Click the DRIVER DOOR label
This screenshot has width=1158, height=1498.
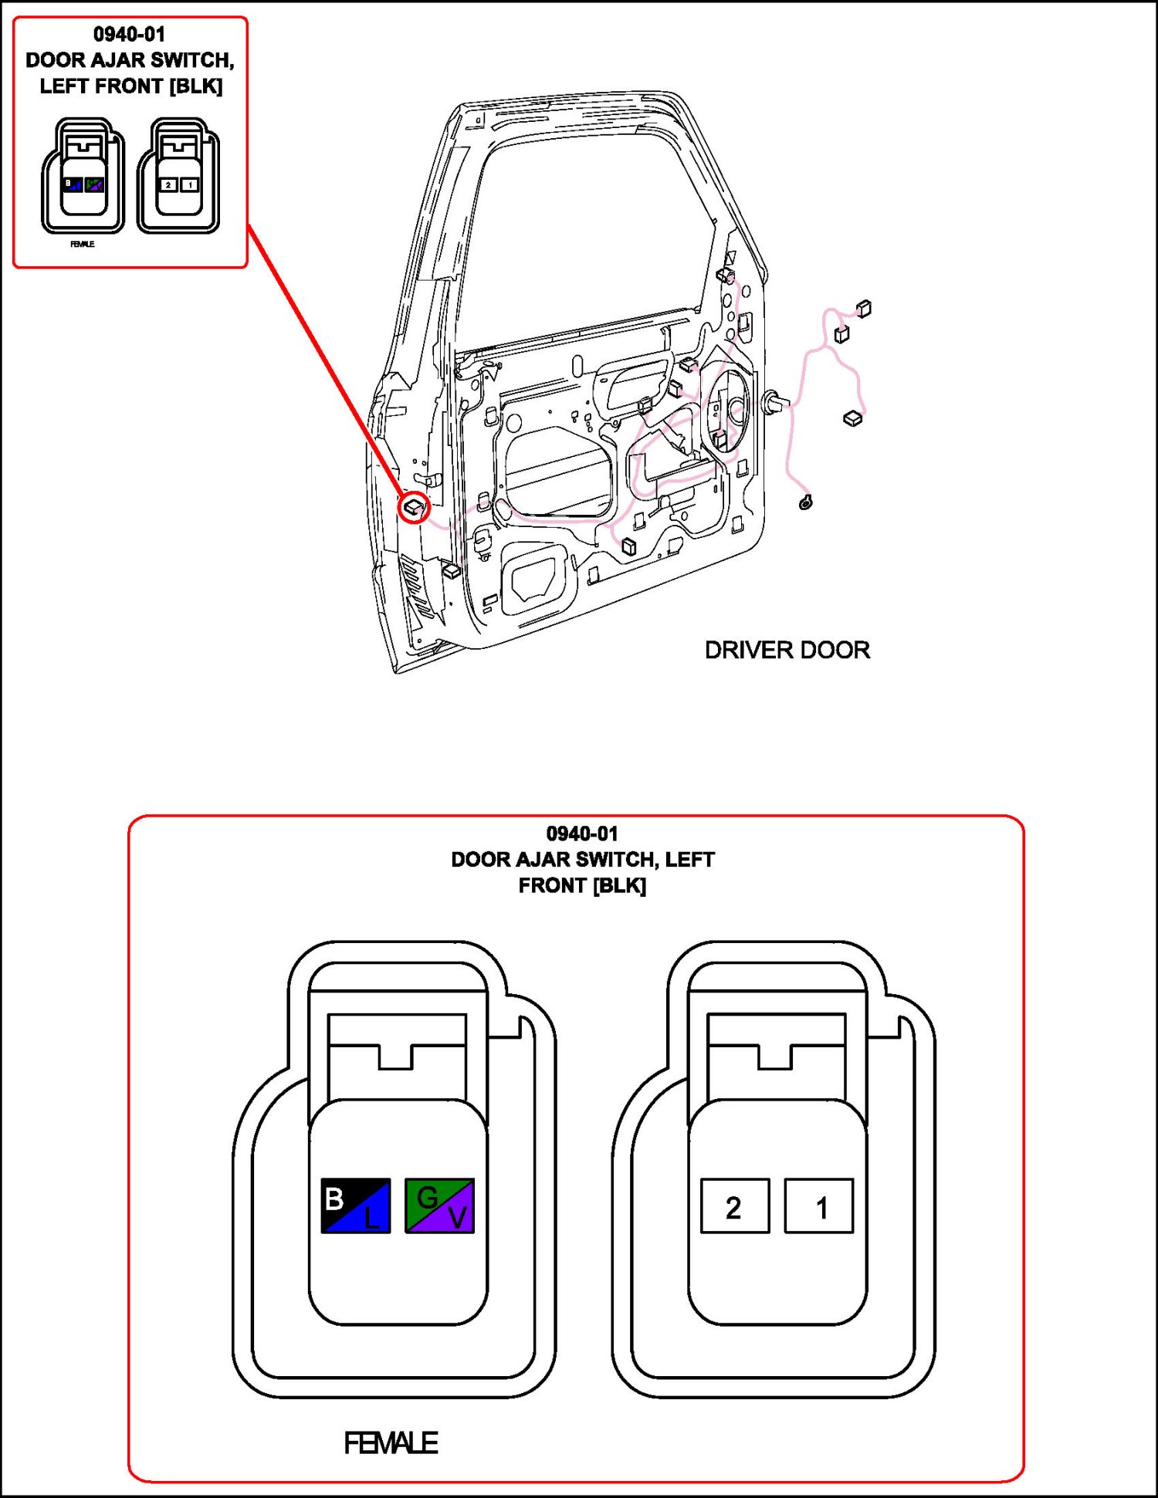tap(787, 650)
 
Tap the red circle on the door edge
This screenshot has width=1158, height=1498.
tap(415, 507)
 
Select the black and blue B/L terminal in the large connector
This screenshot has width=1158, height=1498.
tap(355, 1205)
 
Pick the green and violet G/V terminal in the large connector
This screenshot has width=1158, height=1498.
tap(439, 1205)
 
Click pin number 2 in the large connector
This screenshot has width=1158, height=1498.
tap(734, 1206)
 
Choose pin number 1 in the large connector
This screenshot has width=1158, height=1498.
tap(819, 1206)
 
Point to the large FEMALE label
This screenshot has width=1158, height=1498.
tap(391, 1442)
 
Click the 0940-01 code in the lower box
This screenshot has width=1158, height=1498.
tap(582, 834)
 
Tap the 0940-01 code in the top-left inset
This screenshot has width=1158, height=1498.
tap(129, 35)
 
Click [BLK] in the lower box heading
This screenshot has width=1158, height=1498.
tap(620, 885)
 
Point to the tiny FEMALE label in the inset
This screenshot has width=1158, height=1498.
tap(83, 244)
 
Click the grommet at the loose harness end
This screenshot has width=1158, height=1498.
tap(806, 502)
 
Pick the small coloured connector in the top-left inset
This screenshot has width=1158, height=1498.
tap(83, 176)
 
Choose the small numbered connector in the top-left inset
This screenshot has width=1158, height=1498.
tap(178, 176)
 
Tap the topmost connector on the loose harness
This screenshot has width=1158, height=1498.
tap(864, 309)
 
